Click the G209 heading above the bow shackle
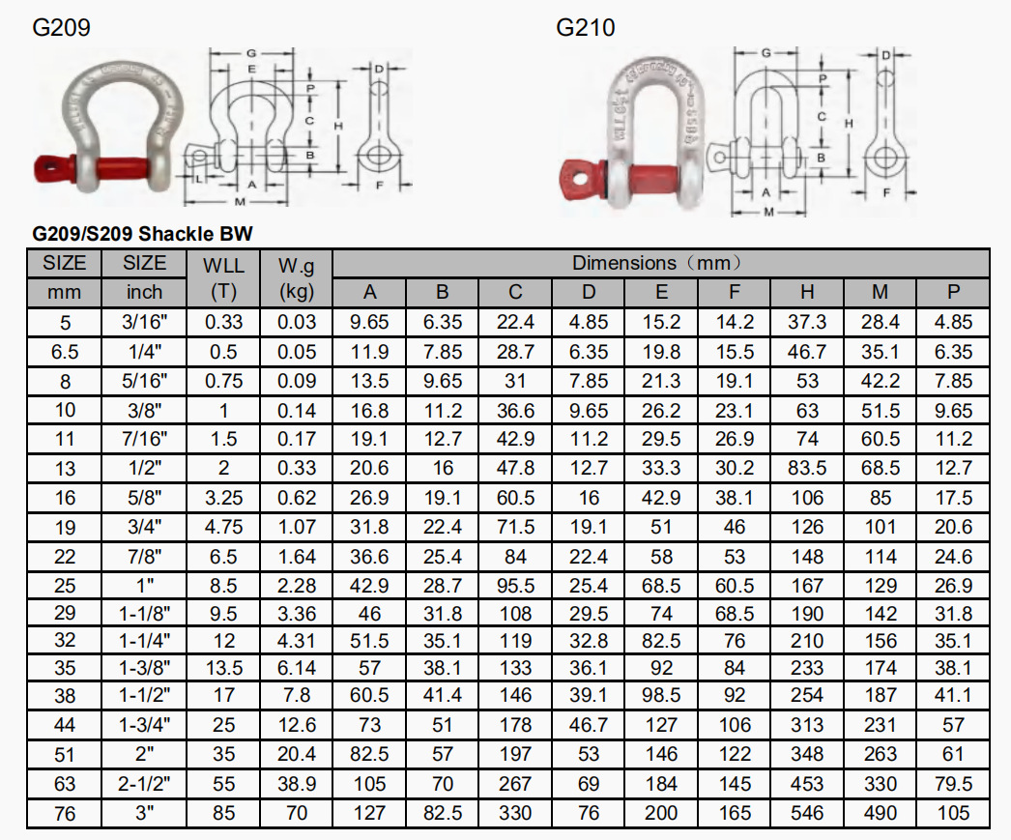pos(62,28)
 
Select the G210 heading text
pos(585,28)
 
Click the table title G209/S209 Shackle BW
pos(143,234)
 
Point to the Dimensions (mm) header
pos(660,263)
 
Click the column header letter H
pos(807,293)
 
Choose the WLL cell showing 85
pos(223,813)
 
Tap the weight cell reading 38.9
pos(297,784)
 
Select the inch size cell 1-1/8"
pos(145,614)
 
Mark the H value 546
pos(807,813)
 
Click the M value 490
pos(881,813)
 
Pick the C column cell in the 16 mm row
pos(515,498)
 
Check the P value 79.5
pos(954,784)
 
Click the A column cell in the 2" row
pos(369,755)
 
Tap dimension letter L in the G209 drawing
pos(196,181)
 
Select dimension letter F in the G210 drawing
pos(886,191)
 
